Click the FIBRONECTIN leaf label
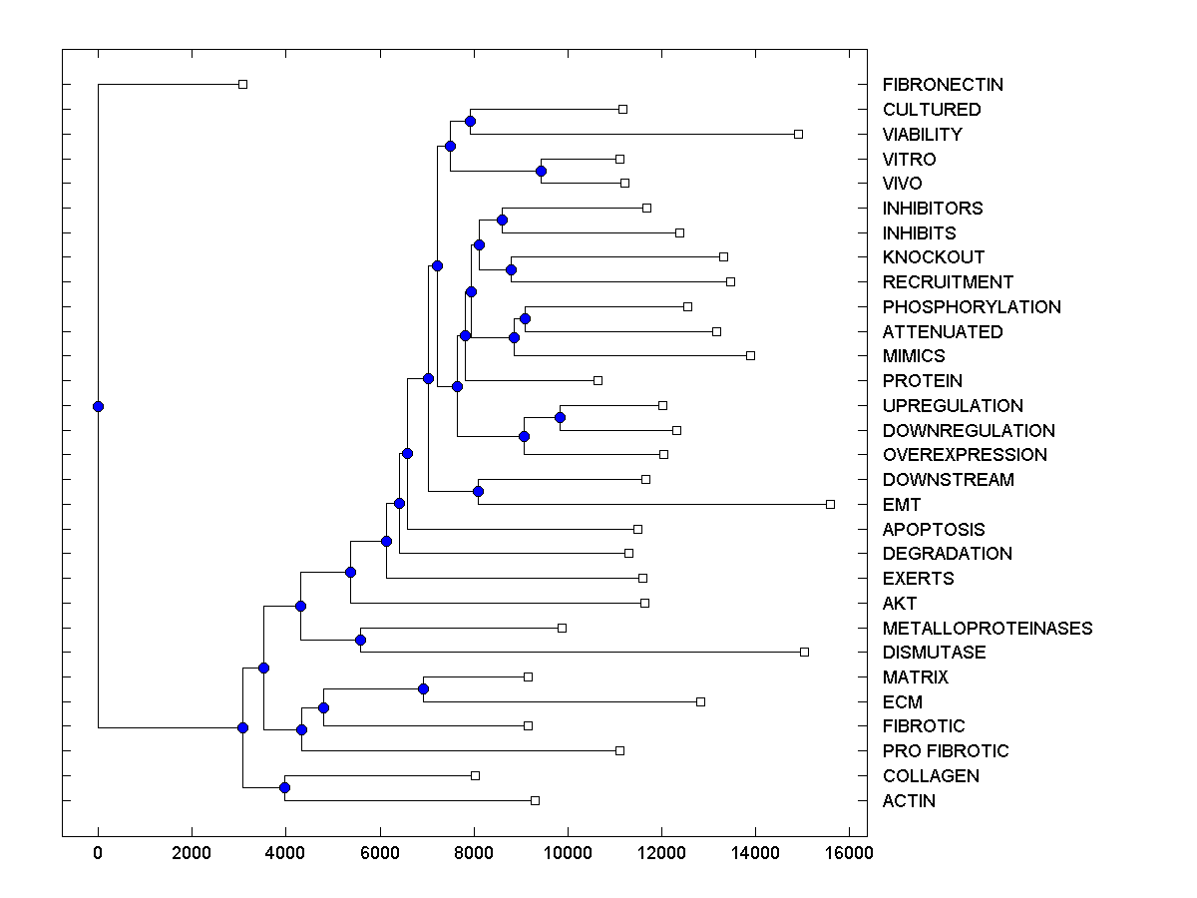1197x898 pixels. [x=943, y=85]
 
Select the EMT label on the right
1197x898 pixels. [x=902, y=505]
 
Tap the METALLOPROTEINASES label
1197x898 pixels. [x=988, y=629]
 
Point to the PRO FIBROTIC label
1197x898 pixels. [x=946, y=751]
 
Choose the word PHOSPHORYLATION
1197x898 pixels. [x=972, y=307]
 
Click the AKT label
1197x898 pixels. [x=900, y=604]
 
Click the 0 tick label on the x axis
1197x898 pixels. [x=98, y=852]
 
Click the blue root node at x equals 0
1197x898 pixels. [x=98, y=406]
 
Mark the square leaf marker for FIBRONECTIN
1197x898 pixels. [x=242, y=85]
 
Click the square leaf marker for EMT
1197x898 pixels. [x=830, y=505]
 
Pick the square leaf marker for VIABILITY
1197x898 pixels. [x=798, y=134]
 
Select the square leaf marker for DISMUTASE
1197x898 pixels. [x=804, y=653]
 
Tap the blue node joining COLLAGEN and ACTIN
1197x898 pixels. [x=284, y=788]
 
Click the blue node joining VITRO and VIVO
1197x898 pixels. [x=541, y=172]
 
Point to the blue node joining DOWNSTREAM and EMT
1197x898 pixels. [x=478, y=491]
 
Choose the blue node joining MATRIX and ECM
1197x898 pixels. [x=423, y=689]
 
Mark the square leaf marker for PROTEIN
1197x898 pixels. [x=598, y=381]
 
